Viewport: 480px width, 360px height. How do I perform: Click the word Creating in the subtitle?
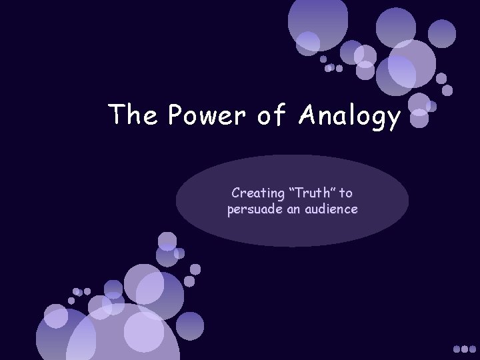[x=255, y=193]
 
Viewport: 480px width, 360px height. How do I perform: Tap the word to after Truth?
[x=346, y=193]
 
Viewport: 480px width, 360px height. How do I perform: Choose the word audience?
[x=333, y=209]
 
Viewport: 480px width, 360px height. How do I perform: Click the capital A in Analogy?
[x=308, y=116]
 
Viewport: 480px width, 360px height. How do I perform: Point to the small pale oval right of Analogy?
[x=419, y=120]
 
